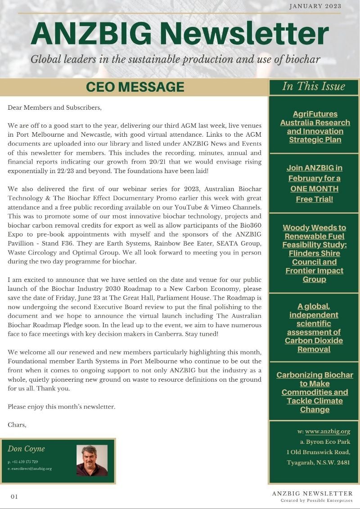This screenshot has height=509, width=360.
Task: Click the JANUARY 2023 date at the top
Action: coord(315,6)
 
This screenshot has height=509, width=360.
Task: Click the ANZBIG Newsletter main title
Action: coord(180,34)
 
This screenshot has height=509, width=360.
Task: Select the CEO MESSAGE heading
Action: coord(135,87)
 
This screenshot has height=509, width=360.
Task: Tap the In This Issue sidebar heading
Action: coord(314,86)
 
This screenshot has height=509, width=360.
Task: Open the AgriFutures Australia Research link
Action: coord(315,127)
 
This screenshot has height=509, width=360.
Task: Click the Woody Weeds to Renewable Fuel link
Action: coord(314,254)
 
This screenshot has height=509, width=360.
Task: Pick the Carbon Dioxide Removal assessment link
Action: coord(314,327)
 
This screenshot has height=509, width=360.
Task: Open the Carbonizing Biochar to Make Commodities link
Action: coord(315,392)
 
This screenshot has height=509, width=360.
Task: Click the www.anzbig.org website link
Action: coord(327,432)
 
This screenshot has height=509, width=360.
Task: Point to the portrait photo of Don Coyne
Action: coord(92,460)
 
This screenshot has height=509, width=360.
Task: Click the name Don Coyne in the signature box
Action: coord(26,449)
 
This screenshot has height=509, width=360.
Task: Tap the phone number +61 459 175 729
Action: coord(23,462)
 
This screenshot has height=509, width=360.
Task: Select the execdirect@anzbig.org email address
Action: coord(30,469)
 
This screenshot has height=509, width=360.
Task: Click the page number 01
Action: coord(14,496)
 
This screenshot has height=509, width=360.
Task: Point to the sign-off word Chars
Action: coord(17,424)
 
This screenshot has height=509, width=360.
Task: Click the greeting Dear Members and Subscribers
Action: coord(54,108)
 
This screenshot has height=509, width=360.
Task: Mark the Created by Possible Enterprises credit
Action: coord(316,500)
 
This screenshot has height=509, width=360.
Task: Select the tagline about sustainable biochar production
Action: coord(175,59)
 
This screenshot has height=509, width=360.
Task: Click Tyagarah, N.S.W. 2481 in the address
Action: coord(318,463)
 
